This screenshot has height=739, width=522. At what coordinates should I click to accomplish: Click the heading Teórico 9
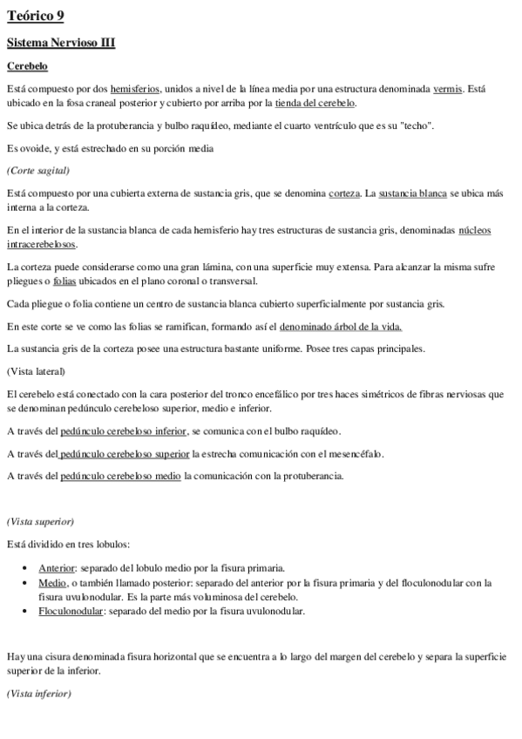[35, 16]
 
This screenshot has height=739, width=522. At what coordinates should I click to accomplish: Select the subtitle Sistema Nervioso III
[61, 42]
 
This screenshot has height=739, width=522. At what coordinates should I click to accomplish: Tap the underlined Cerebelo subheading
[27, 65]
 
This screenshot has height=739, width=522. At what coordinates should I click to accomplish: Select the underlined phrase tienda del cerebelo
[315, 102]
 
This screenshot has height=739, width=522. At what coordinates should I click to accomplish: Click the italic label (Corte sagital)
[37, 170]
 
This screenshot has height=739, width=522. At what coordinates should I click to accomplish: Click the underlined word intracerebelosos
[41, 245]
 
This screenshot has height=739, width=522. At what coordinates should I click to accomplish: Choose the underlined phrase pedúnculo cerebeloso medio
[120, 476]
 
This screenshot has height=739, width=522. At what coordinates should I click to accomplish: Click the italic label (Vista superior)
[40, 522]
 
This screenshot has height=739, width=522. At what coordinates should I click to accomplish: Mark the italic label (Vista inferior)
[38, 694]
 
